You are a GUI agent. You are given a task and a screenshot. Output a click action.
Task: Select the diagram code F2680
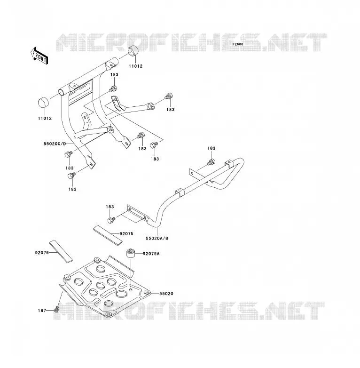[238, 44]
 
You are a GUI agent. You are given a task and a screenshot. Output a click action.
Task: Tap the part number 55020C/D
[55, 144]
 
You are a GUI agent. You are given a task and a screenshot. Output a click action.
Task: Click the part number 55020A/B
[157, 238]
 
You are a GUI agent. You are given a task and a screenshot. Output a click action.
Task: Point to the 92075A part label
[151, 254]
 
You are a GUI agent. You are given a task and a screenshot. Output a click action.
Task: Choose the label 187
[42, 311]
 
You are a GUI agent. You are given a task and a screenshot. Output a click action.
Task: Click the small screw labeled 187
[56, 310]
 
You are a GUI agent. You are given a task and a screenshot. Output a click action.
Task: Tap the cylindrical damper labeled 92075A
[131, 253]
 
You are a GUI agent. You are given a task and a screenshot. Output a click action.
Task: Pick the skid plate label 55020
[166, 294]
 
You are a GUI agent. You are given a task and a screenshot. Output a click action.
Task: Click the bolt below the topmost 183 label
[113, 89]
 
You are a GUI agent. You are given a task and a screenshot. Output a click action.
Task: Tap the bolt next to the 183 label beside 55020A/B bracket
[111, 220]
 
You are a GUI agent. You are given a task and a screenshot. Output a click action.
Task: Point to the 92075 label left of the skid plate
[42, 253]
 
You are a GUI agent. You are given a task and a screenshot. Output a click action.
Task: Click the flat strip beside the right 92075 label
[108, 235]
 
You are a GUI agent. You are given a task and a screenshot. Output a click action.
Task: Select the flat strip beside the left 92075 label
[61, 251]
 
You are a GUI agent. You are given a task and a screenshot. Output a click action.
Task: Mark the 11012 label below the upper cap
[135, 66]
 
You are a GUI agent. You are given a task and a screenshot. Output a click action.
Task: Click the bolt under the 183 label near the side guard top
[211, 162]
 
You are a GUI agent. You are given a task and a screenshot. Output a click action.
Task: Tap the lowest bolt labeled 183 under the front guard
[71, 176]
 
